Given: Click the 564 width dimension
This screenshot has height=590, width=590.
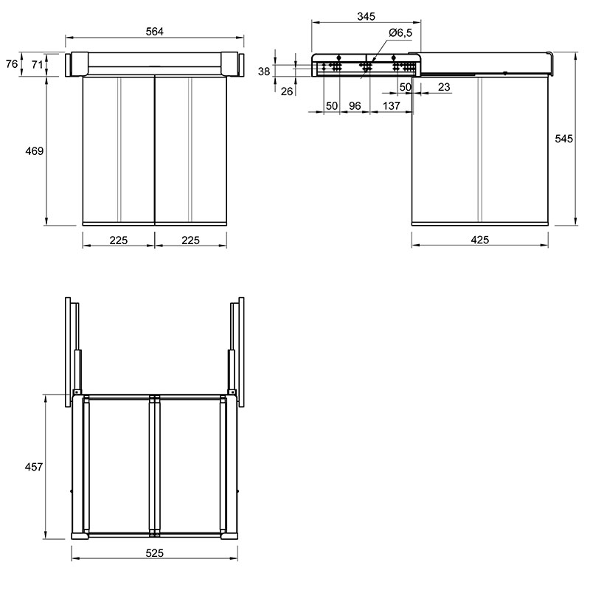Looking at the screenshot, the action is point(154,32).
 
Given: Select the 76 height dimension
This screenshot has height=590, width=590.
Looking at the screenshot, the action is point(12,64).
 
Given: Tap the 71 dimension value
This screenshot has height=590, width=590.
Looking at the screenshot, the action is point(38,65).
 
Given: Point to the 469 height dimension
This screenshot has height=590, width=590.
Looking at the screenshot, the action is point(34,151).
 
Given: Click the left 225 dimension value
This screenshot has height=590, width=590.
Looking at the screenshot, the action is point(119,240).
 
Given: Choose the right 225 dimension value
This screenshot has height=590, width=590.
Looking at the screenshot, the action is point(190,240).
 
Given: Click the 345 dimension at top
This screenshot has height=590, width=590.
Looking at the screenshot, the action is point(366,16).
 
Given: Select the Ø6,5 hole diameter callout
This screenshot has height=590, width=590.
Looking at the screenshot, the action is point(400,32).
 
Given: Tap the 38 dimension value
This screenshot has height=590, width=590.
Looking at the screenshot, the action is point(264,71).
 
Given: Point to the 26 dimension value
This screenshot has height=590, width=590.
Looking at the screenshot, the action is point(287,91).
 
